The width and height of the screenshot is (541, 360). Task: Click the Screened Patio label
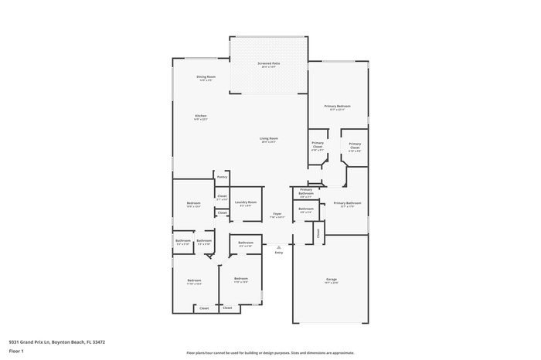268,63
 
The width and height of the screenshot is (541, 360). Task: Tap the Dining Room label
206,76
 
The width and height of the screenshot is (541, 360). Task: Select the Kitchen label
200,116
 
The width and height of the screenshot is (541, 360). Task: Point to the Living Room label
268,138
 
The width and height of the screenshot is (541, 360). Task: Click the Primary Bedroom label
337,106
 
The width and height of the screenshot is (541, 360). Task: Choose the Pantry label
222,177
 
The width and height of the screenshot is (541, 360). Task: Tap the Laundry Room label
247,202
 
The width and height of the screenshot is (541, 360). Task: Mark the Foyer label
277,214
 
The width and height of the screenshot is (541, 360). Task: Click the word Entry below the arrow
278,253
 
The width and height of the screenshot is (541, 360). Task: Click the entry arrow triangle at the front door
278,246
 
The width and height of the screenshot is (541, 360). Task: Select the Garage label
331,280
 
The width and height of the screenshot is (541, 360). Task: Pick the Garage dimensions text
331,284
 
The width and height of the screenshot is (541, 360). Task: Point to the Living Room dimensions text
268,142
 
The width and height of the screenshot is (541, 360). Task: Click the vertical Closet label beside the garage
318,231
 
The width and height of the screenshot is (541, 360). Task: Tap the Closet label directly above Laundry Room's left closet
222,196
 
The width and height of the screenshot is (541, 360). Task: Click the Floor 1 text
16,352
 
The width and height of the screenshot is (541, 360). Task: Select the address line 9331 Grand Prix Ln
57,341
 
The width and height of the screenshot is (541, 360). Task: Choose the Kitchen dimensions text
200,120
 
